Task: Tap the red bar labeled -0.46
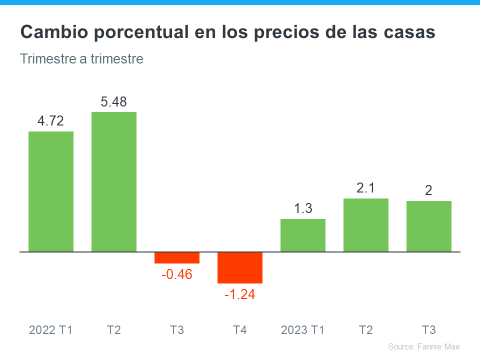point(177,257)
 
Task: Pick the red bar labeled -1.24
point(240,267)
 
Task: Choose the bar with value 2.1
point(366,225)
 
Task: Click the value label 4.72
point(51,121)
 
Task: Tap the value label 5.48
point(114,102)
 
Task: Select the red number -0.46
point(177,274)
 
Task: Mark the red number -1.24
point(240,295)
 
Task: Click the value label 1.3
point(303,208)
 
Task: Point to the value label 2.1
point(366,188)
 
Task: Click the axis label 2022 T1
point(51,330)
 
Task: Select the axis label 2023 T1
point(303,330)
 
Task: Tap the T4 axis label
point(240,330)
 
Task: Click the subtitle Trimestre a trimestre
point(82,59)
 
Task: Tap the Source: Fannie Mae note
point(423,346)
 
